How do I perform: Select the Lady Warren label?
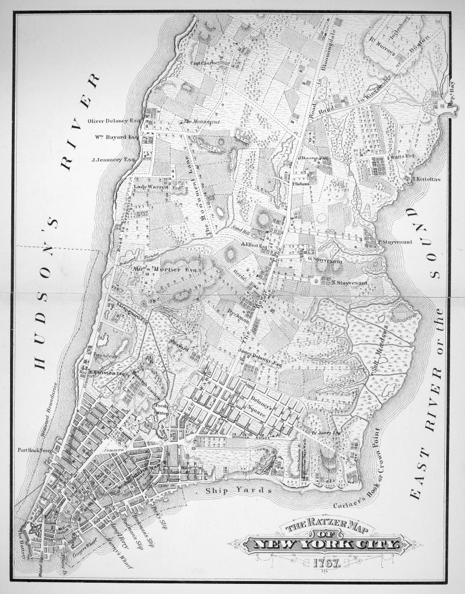tap(151, 187)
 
